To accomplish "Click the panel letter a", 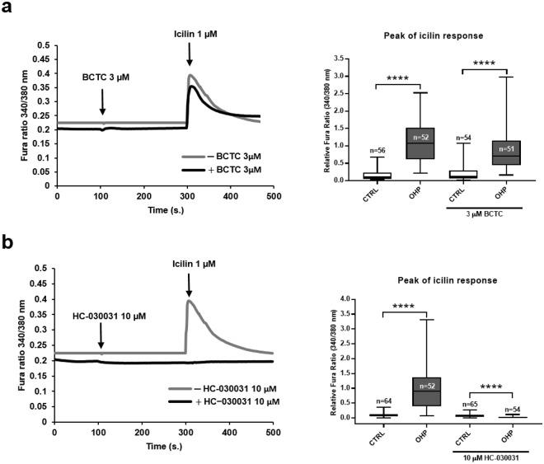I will click(x=7, y=9).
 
